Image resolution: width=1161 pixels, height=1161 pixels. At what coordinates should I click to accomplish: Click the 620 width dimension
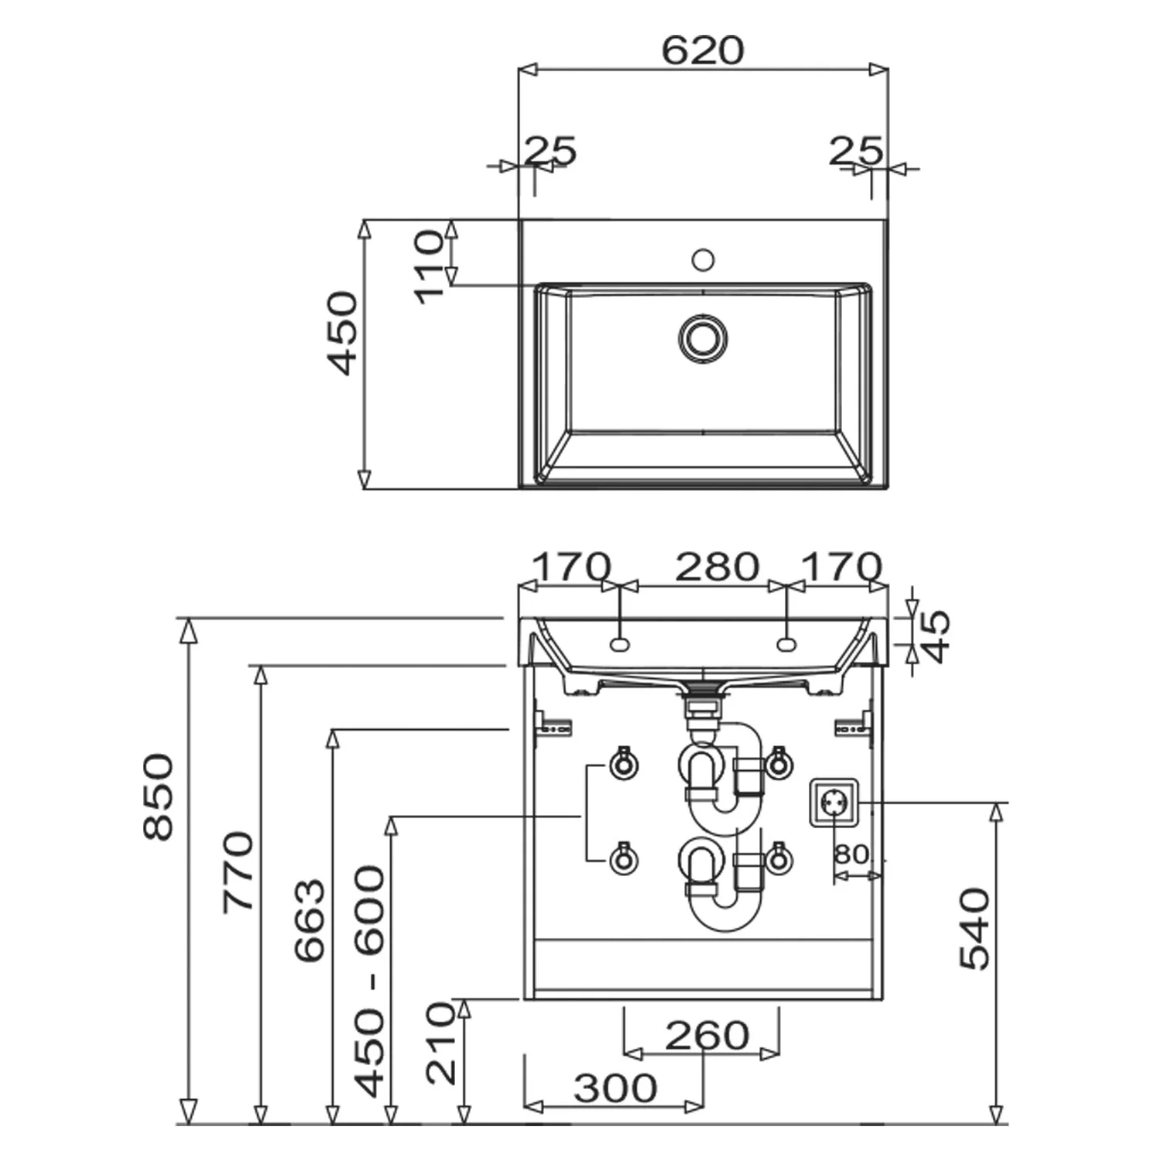point(703,50)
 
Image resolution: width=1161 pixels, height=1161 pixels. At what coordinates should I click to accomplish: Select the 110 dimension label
point(430,267)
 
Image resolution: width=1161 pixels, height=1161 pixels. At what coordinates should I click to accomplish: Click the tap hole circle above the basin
point(703,259)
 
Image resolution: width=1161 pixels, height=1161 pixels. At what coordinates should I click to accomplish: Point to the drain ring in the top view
point(703,338)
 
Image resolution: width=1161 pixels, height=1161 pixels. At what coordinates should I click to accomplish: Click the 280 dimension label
point(717,567)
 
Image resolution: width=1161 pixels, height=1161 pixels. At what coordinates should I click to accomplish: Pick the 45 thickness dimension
point(936,636)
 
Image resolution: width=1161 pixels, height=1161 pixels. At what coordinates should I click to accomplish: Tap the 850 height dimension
point(159,796)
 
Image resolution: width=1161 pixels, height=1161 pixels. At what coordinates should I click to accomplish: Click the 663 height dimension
point(310,920)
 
